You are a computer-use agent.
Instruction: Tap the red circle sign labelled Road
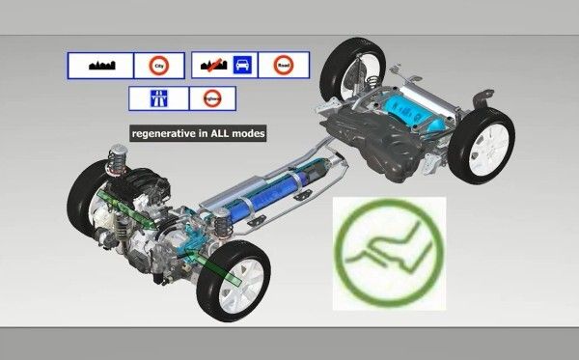pos(284,66)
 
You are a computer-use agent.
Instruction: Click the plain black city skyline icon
pos(101,66)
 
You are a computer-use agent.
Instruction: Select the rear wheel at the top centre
pos(346,68)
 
